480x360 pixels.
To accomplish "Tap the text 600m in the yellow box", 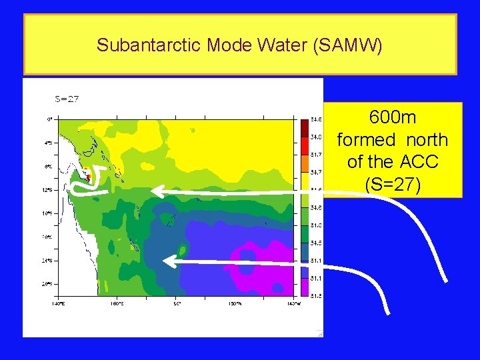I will (393, 118).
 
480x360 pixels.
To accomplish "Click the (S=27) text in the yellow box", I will (393, 184).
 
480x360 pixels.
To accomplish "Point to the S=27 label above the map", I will (67, 99).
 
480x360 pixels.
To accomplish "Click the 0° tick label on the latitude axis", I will (49, 119).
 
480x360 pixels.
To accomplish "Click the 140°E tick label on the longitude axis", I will (58, 303).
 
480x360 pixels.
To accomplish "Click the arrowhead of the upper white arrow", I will (156, 192).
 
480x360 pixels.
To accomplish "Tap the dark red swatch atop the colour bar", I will (304, 124).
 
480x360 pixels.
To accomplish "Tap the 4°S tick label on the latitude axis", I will (49, 143).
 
